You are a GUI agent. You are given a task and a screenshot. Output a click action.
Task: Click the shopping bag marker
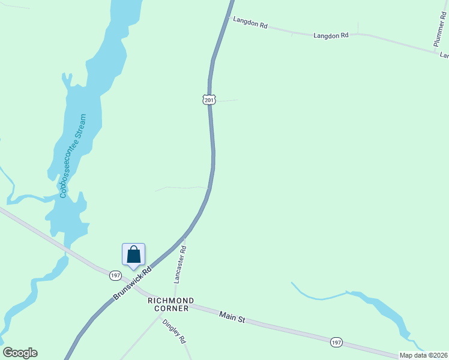[x=133, y=254]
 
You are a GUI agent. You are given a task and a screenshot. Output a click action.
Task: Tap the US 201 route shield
[x=208, y=99]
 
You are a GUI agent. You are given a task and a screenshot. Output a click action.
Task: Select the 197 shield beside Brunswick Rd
[x=116, y=275]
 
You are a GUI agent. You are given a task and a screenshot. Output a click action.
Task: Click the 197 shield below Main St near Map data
[x=336, y=342]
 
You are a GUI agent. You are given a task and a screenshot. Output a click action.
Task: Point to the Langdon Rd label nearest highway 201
[x=250, y=23]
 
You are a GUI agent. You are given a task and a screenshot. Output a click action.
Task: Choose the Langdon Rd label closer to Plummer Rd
[x=331, y=35]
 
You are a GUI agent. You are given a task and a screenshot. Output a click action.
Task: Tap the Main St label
[x=232, y=316]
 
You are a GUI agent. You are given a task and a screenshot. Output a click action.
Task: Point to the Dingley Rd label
[x=173, y=331]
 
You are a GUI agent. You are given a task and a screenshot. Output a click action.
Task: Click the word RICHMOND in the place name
[x=171, y=300]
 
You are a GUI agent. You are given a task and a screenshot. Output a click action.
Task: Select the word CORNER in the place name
[x=171, y=308]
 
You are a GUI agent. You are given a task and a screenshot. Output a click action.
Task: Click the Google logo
[x=20, y=353]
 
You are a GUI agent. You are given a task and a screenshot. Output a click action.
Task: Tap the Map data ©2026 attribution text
[x=423, y=355]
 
